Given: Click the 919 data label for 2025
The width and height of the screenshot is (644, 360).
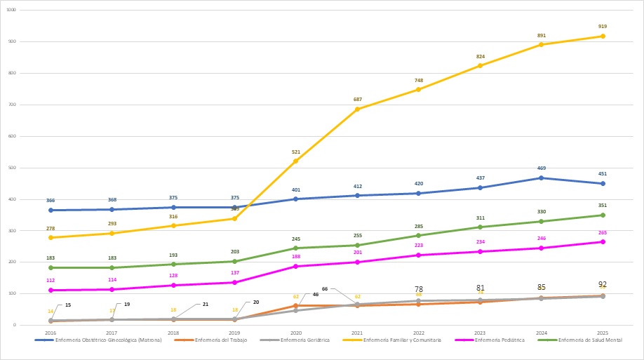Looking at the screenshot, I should pyautogui.click(x=603, y=26).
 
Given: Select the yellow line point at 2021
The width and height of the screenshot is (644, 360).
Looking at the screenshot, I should pyautogui.click(x=357, y=109).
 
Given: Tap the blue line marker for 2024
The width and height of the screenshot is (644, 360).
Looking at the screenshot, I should pyautogui.click(x=541, y=178).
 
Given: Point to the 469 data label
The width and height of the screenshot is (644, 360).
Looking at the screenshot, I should pyautogui.click(x=541, y=168).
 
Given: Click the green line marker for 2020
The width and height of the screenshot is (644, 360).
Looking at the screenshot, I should pyautogui.click(x=295, y=248).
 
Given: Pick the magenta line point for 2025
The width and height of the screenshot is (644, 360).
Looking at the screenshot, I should pyautogui.click(x=603, y=242).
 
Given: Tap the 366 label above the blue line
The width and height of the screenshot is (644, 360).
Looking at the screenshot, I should pyautogui.click(x=51, y=201).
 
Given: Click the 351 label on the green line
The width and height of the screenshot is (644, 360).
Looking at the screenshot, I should pyautogui.click(x=603, y=206).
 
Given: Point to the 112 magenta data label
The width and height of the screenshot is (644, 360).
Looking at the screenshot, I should pyautogui.click(x=51, y=280).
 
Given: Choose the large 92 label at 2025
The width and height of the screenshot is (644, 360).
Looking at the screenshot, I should pyautogui.click(x=603, y=284).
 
